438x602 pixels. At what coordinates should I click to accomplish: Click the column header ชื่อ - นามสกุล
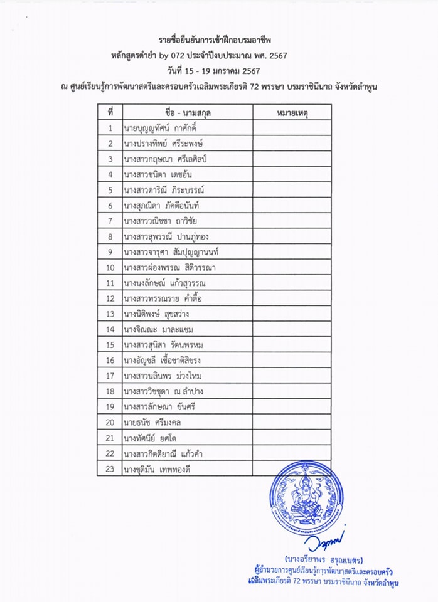[187, 113]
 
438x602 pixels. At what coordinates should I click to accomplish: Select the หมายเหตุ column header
[294, 113]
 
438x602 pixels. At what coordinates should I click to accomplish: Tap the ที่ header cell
[110, 113]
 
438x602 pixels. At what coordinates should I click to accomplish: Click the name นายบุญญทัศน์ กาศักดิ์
[165, 129]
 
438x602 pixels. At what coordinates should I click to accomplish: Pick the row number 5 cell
[110, 190]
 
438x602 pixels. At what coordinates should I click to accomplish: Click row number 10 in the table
[110, 267]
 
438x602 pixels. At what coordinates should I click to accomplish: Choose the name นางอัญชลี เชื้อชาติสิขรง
[168, 360]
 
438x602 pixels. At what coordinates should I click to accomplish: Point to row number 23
[110, 468]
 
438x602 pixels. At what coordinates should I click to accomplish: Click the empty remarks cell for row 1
[294, 129]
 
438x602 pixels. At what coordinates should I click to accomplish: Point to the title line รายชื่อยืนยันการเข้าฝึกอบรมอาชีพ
[218, 40]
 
